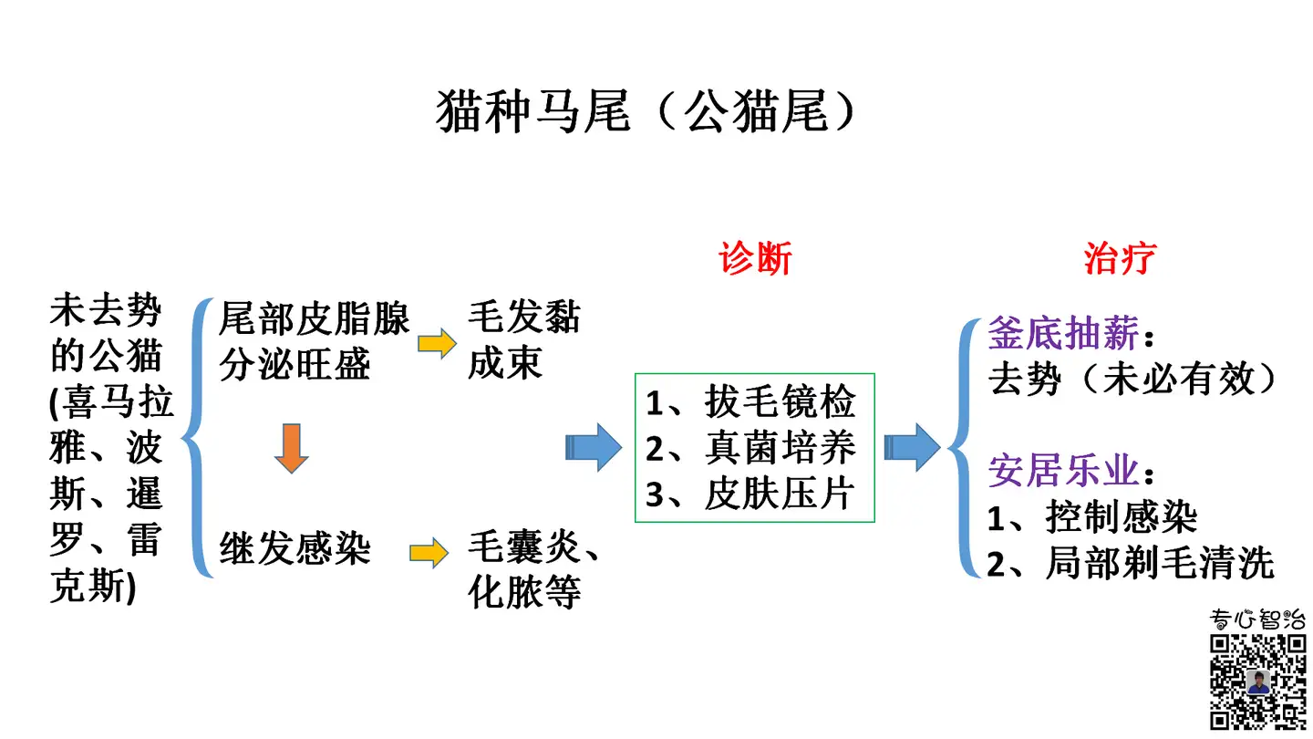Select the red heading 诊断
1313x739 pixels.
[755, 259]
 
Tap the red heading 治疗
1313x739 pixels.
[1120, 259]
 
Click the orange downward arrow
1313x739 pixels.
[291, 448]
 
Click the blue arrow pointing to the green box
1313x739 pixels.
[594, 447]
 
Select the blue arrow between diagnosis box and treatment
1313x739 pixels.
[911, 447]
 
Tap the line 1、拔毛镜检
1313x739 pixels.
[751, 401]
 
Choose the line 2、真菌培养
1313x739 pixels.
[751, 448]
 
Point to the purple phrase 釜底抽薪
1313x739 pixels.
[1064, 335]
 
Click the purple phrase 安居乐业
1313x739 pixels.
[1064, 472]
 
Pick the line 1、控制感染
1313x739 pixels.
[1092, 518]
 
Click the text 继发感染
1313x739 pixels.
[295, 549]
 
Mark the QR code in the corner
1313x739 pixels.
[1256, 680]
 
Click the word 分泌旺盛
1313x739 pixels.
[295, 364]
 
